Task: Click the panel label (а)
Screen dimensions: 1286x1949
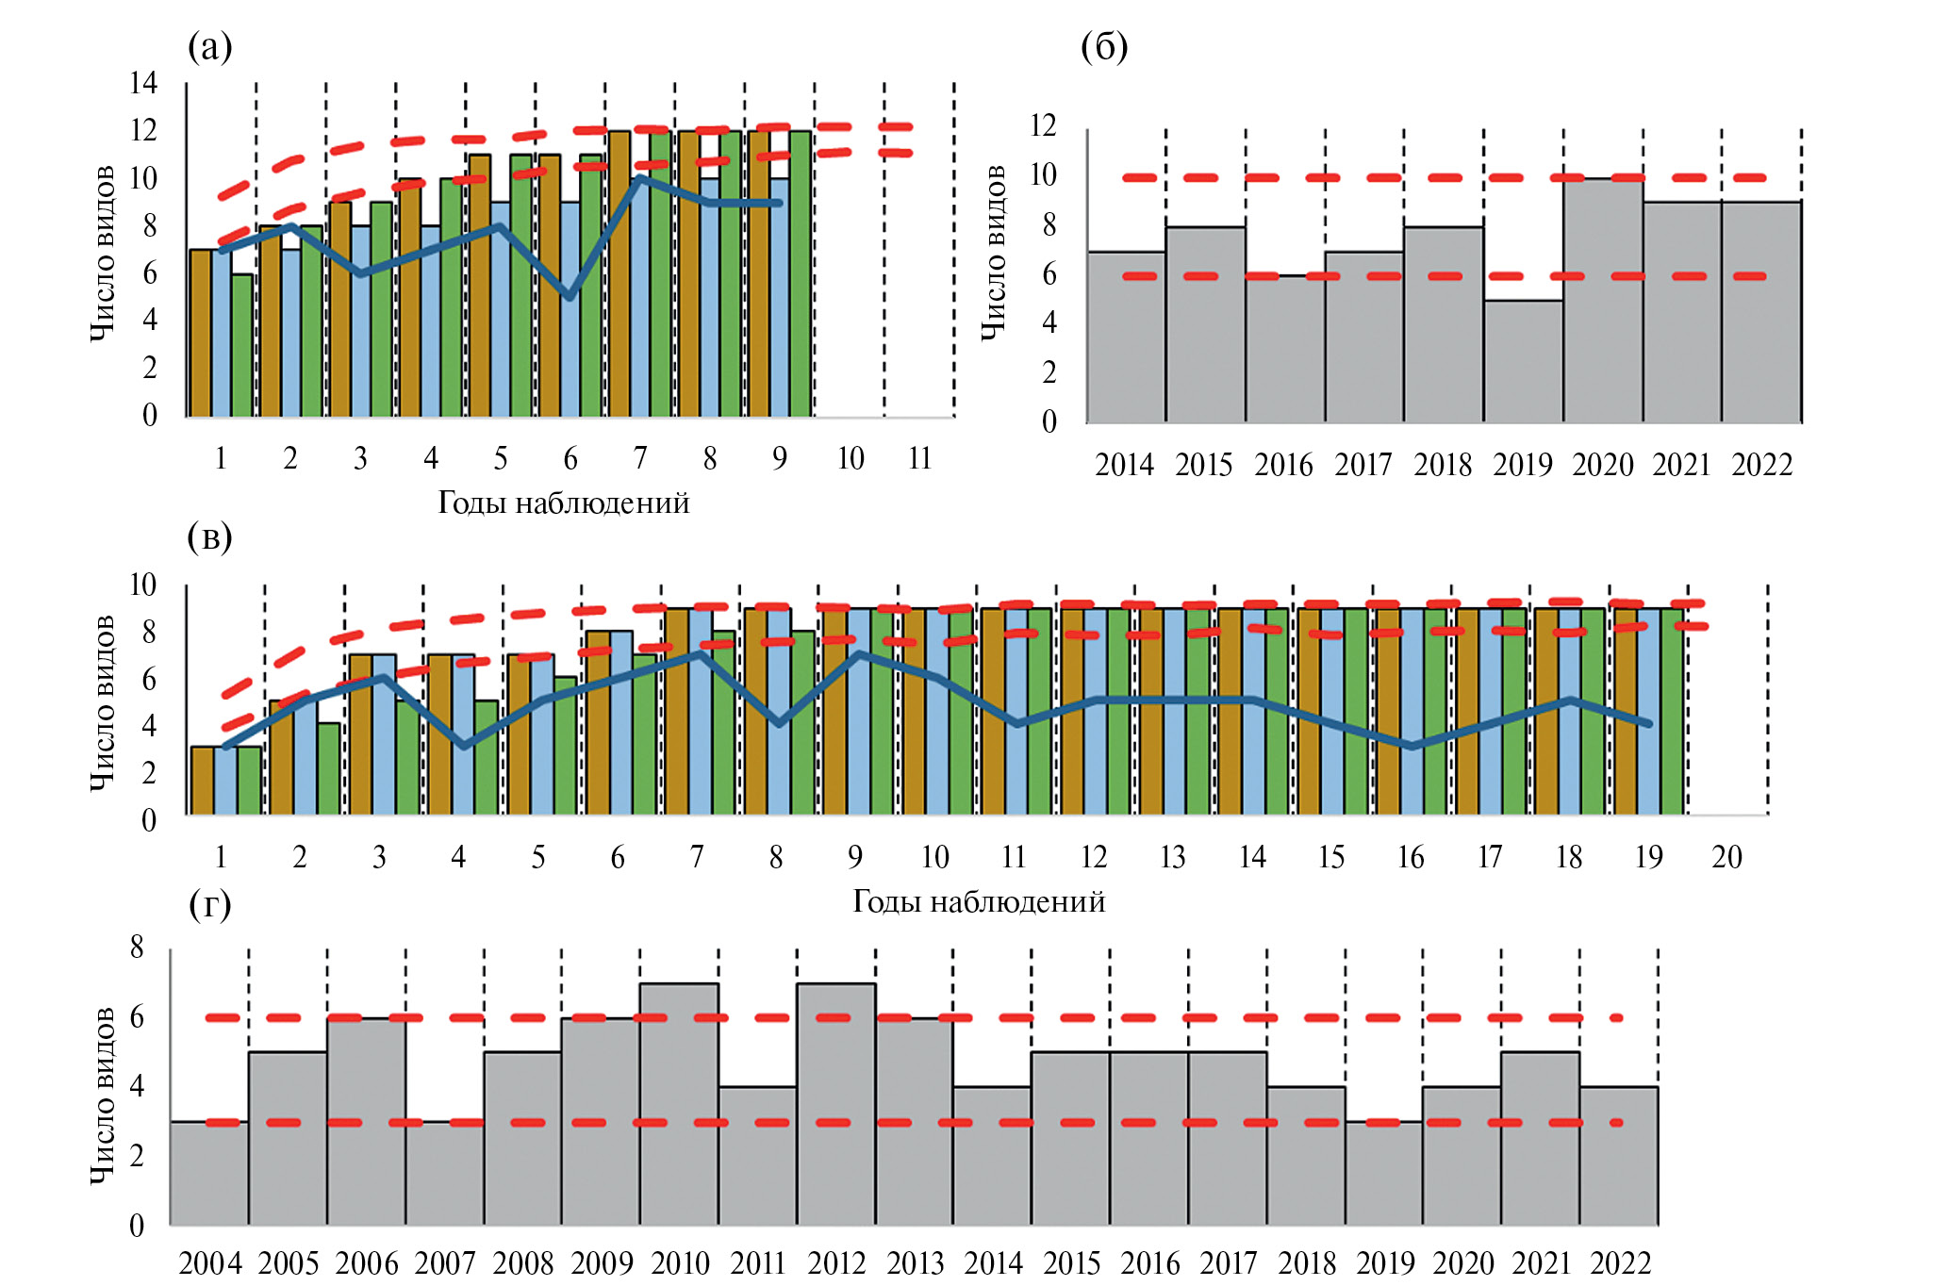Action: [209, 46]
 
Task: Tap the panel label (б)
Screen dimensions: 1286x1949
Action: [1104, 46]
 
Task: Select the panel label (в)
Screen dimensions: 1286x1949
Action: [209, 537]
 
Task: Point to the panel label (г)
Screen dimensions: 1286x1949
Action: [209, 905]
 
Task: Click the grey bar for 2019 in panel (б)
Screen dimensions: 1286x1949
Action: [1524, 362]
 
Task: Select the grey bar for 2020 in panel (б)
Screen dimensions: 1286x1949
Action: [1603, 302]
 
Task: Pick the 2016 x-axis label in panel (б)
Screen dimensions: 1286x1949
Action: [1283, 465]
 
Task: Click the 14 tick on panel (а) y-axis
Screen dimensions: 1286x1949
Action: [143, 83]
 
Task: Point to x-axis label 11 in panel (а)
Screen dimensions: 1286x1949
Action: [919, 459]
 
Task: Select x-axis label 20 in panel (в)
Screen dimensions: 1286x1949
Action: [1726, 857]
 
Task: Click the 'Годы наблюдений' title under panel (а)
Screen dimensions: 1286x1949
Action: [564, 503]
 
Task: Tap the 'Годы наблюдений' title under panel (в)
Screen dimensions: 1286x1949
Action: [979, 902]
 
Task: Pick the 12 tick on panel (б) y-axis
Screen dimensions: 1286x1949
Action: [1043, 125]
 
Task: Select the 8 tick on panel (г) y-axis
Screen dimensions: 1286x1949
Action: [138, 947]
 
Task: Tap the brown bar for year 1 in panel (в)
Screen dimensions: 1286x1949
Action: [202, 781]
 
